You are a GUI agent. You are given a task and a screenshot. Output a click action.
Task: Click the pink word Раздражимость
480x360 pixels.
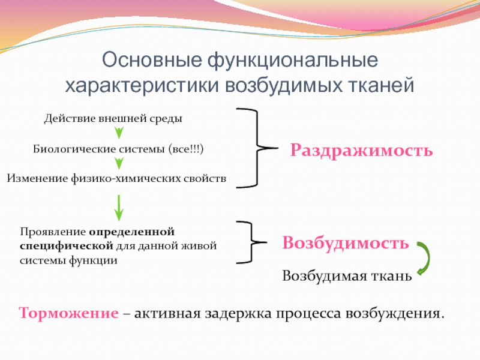pos(361,149)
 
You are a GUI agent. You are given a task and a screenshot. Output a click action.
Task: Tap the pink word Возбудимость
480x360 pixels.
pos(346,243)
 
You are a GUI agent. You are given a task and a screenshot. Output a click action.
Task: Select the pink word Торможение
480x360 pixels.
pos(68,313)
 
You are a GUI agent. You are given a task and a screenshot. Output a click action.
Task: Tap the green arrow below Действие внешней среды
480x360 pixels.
pos(119,132)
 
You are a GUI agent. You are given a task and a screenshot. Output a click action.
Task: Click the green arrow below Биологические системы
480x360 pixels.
pos(119,163)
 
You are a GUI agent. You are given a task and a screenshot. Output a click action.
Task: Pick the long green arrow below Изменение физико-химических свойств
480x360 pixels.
pos(119,207)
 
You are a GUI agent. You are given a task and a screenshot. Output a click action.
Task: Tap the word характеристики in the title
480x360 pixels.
pos(142,85)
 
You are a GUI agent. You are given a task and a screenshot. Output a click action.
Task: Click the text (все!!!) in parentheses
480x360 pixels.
pos(187,148)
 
